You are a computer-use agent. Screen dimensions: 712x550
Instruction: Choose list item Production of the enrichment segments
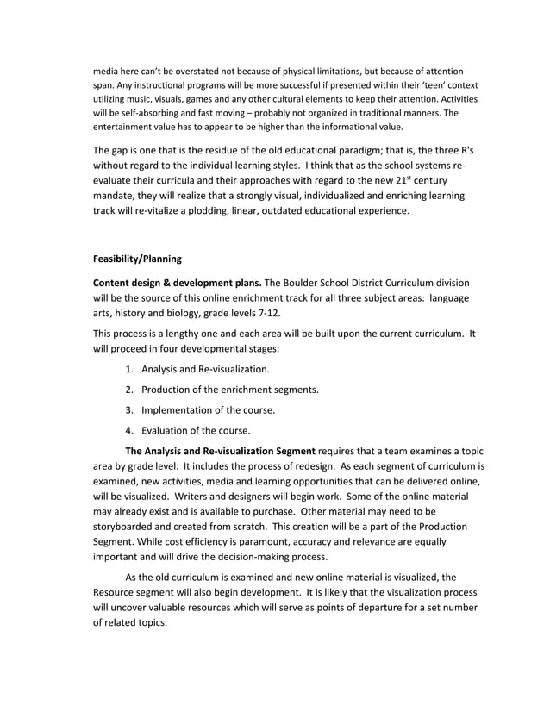(230, 390)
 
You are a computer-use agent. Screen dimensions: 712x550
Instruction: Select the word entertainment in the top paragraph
(129, 126)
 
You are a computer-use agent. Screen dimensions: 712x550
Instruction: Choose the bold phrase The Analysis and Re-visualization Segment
(221, 451)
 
